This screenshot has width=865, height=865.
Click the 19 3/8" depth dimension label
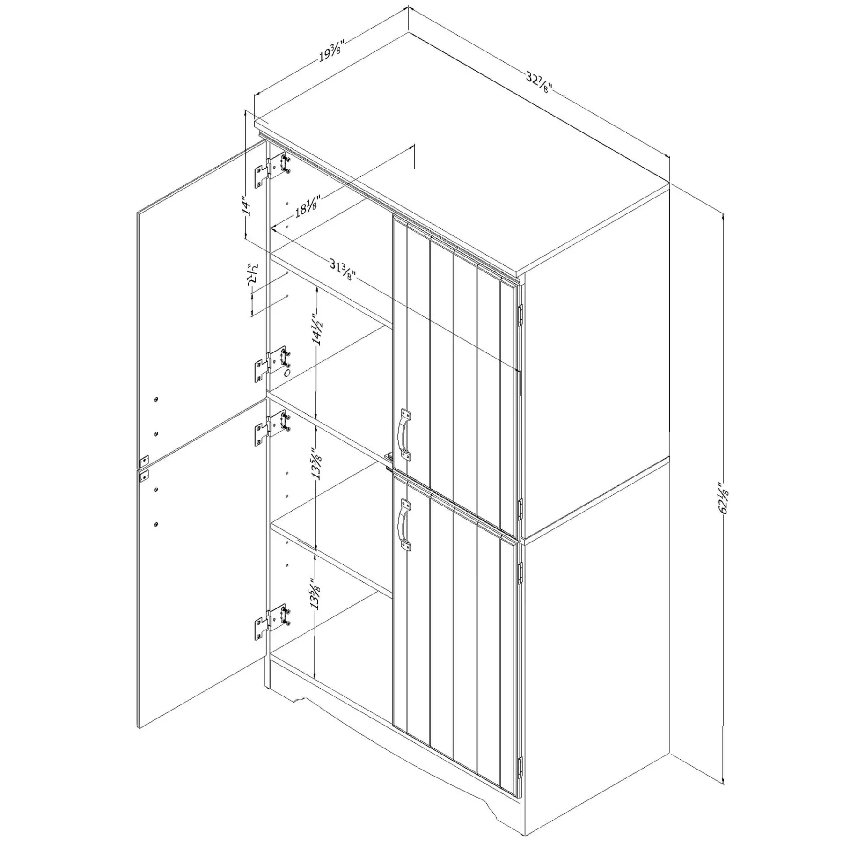[331, 51]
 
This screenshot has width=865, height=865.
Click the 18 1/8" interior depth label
[307, 206]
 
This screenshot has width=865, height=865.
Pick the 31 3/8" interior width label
[344, 270]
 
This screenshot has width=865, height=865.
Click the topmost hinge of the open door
[272, 171]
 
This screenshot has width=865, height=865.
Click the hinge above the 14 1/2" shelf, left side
[272, 365]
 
